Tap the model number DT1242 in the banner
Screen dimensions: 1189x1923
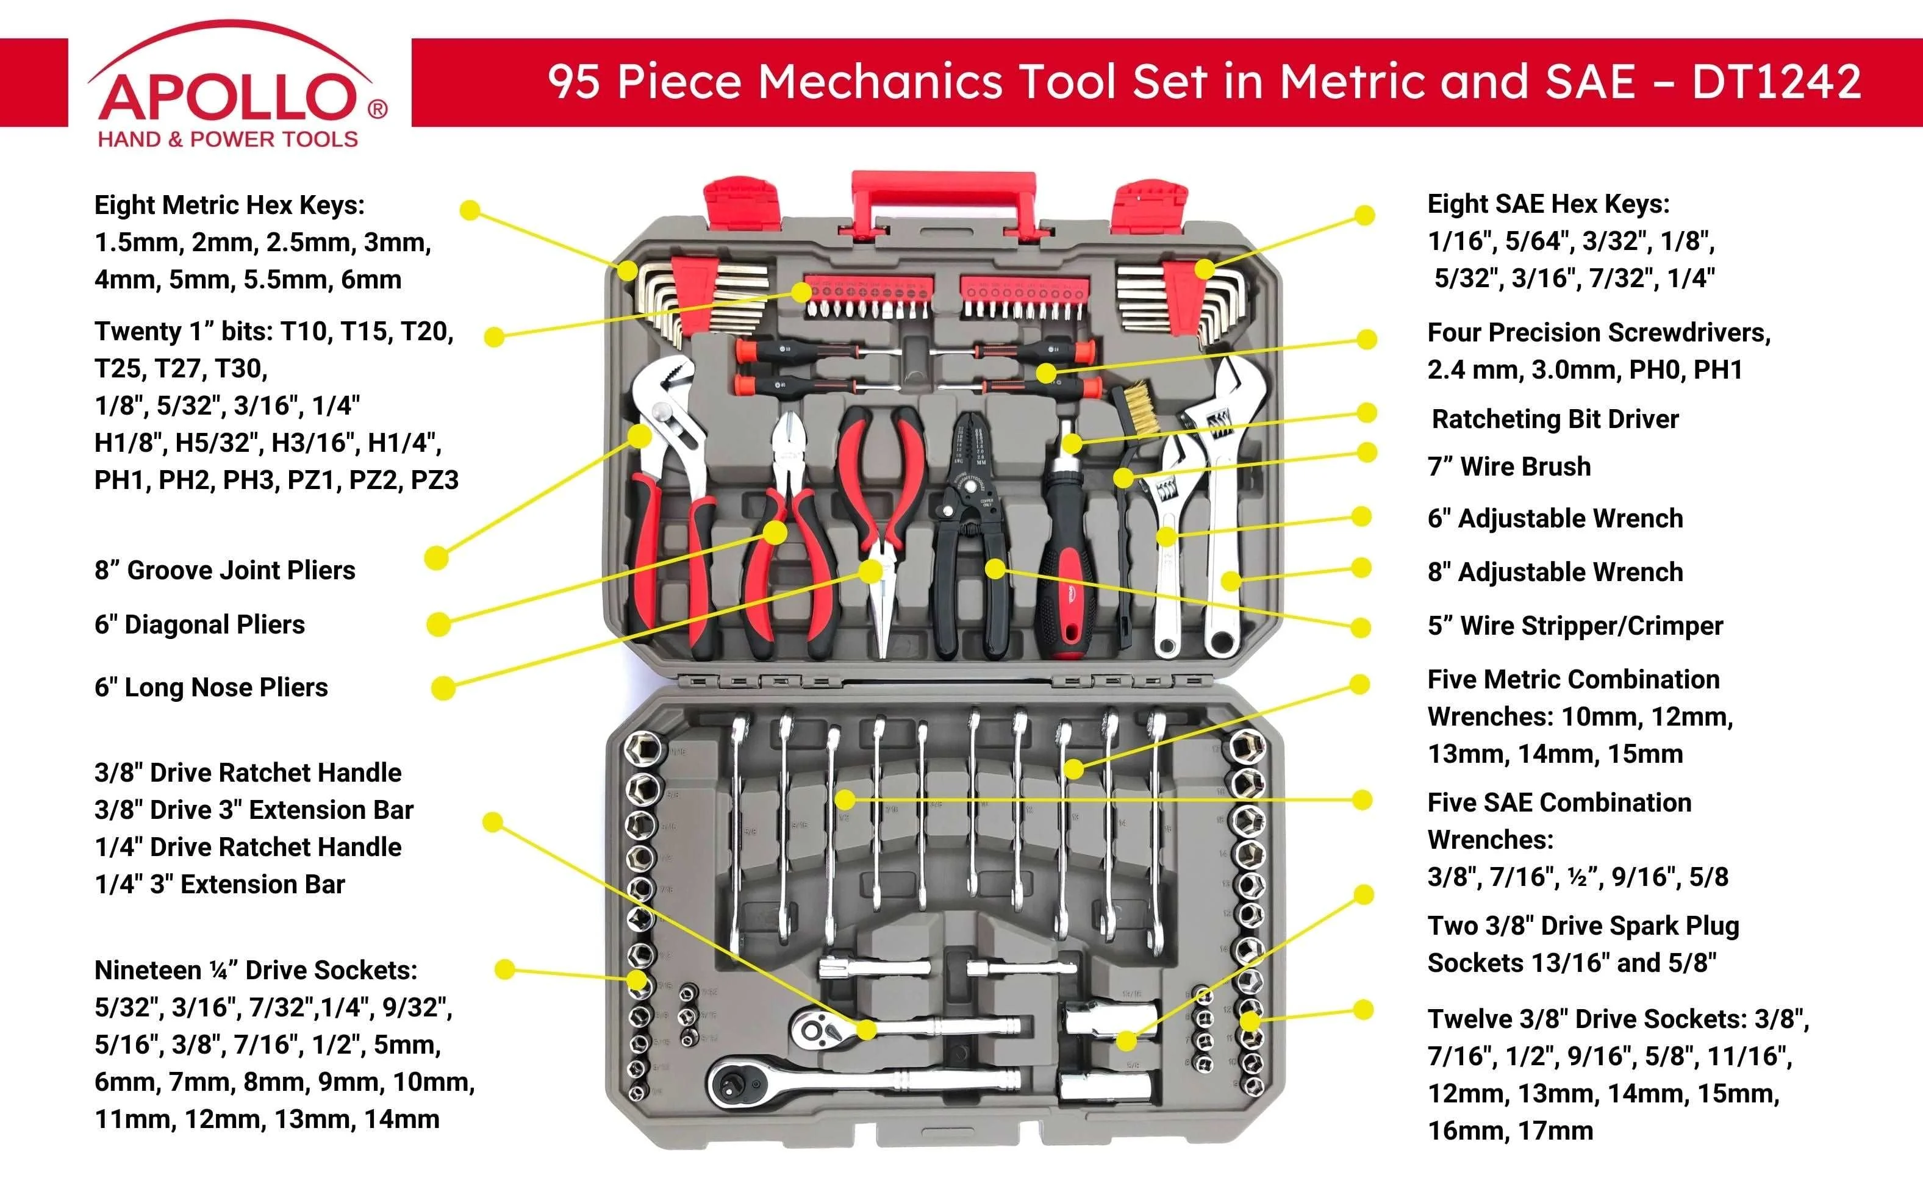point(1776,82)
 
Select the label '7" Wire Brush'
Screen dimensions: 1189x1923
point(1508,466)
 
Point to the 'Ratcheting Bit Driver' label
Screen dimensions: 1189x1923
point(1554,418)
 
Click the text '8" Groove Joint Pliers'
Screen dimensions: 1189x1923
point(224,570)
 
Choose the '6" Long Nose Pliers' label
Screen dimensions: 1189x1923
point(211,687)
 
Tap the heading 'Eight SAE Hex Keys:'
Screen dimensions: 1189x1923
point(1548,204)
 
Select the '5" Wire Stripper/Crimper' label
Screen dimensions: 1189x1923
point(1575,626)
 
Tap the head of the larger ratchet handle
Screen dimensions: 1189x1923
point(741,1084)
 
